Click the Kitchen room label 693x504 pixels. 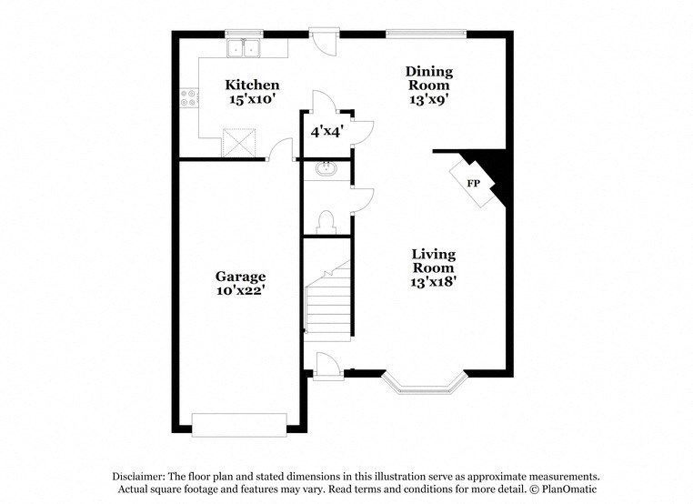point(252,85)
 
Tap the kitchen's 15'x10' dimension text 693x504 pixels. point(252,100)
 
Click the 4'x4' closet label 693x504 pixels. point(325,131)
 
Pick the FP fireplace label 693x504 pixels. point(473,184)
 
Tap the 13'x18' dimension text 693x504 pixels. point(433,282)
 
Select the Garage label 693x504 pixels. point(240,276)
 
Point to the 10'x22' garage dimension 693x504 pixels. point(240,291)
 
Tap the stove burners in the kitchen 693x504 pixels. point(189,96)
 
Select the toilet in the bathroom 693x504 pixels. point(326,221)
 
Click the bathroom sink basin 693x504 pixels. point(325,168)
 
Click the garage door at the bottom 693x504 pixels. point(239,424)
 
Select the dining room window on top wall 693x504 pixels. point(427,35)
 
